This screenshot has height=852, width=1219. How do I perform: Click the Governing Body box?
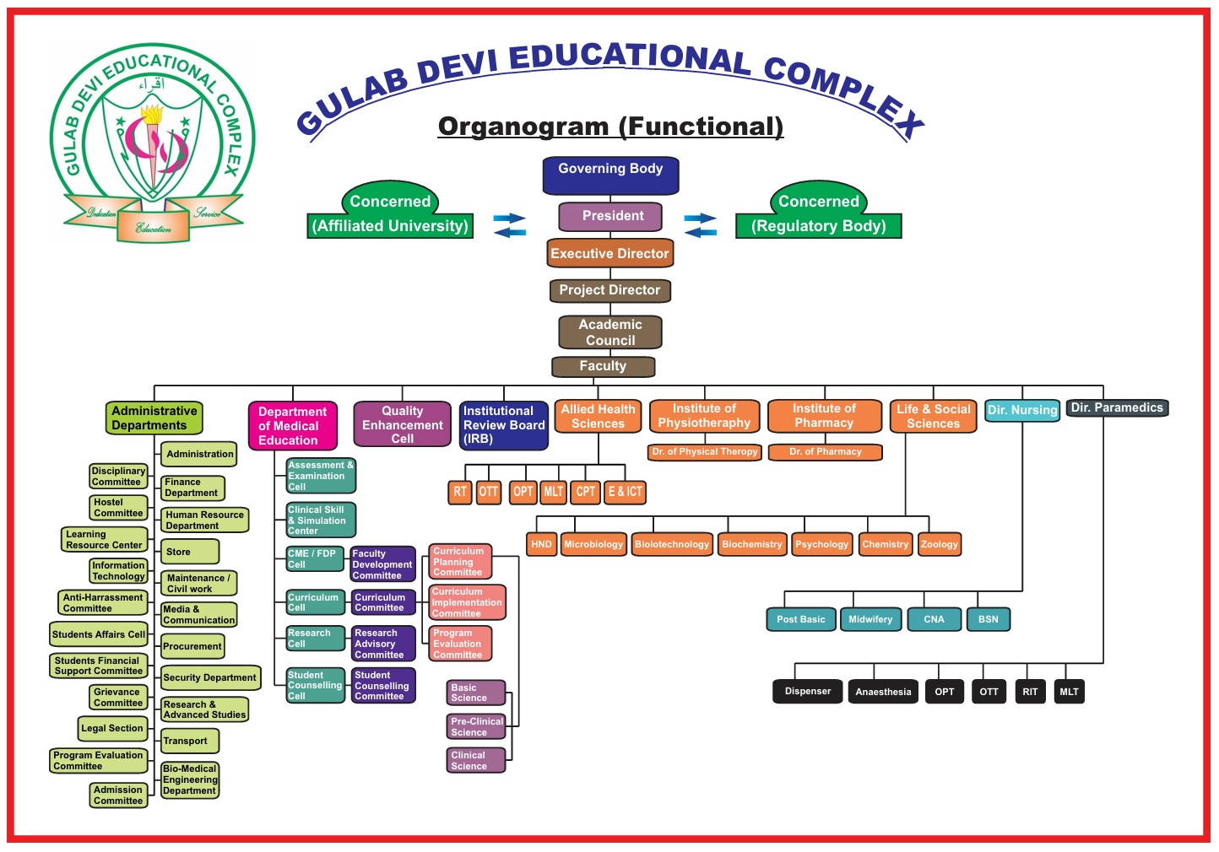point(610,175)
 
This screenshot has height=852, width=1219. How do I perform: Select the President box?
point(610,217)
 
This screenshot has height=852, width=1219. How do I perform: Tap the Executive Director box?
point(610,253)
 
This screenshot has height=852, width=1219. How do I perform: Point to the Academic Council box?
point(610,332)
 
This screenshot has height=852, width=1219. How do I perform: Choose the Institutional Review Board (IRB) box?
point(503,425)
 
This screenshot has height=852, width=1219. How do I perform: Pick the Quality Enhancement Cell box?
point(402,424)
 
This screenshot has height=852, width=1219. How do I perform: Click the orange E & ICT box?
point(626,492)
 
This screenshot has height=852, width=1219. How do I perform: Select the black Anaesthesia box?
point(883,692)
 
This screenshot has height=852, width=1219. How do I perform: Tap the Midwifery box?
point(870,619)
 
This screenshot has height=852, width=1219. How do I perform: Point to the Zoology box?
point(940,544)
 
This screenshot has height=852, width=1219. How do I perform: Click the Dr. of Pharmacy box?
point(825,452)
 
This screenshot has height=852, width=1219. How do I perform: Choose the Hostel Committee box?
point(118,508)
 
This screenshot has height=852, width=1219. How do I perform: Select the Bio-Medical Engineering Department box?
point(190,779)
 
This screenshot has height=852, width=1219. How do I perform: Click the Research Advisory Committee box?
point(383,644)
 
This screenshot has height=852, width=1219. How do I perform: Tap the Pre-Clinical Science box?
point(476,727)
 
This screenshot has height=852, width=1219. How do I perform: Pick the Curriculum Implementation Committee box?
point(467,602)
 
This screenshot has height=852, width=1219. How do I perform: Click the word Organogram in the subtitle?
point(523,127)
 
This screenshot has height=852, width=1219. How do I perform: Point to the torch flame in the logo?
point(152,116)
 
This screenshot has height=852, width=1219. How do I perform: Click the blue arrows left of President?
point(509,225)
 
